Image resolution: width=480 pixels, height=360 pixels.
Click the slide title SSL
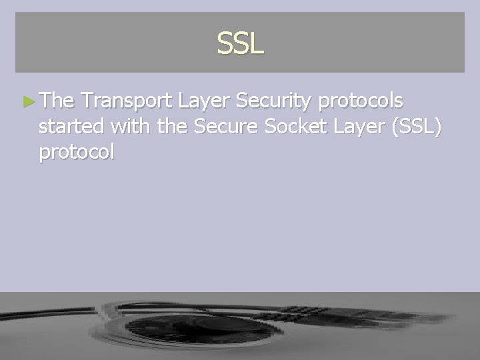coord(240,44)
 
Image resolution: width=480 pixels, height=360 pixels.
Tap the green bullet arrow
coord(27,102)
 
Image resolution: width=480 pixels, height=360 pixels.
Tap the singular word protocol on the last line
coord(77,153)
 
